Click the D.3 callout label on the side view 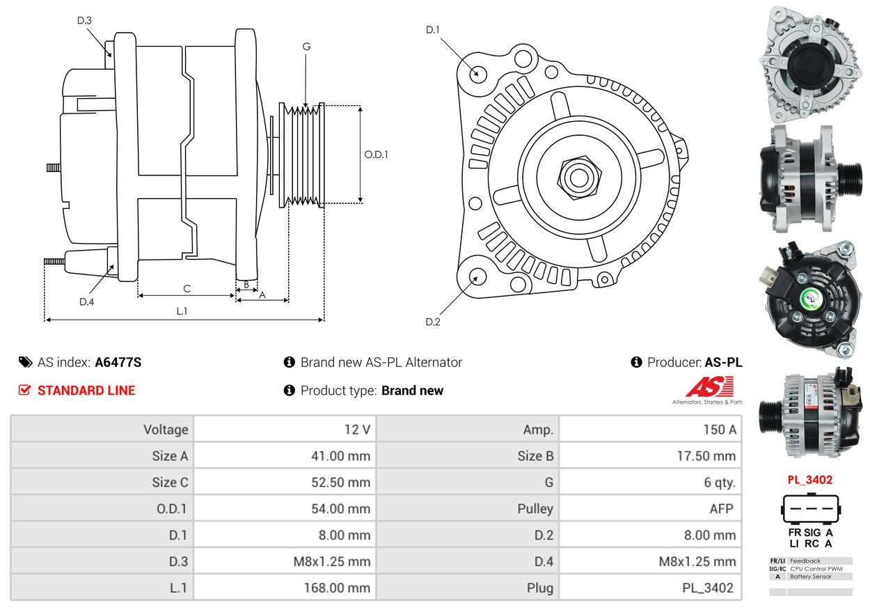[x=84, y=20]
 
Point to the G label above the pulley [x=306, y=47]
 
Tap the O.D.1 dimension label [x=376, y=155]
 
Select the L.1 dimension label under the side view [x=182, y=311]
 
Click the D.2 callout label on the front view [x=433, y=322]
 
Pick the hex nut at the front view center [x=579, y=178]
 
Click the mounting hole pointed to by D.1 [x=477, y=73]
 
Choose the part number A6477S [x=118, y=362]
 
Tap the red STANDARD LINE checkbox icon [x=24, y=390]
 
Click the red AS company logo [x=710, y=386]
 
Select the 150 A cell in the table [x=720, y=430]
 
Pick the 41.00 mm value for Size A [x=340, y=455]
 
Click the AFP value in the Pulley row [x=722, y=508]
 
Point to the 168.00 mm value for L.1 [x=337, y=588]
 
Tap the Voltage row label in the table [x=166, y=430]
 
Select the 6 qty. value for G [x=720, y=483]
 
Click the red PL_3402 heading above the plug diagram [x=810, y=480]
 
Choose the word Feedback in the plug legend [x=805, y=561]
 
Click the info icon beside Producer [x=636, y=362]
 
